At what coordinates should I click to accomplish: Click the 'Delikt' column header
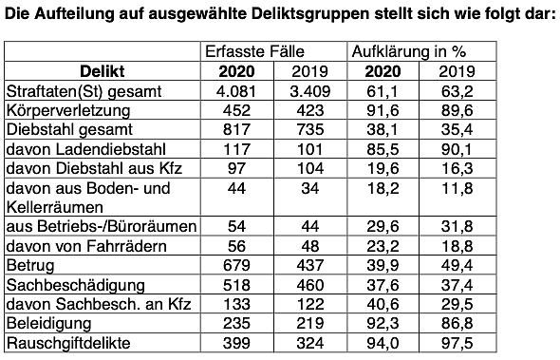click(x=103, y=71)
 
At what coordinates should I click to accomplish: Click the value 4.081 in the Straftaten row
click(x=238, y=91)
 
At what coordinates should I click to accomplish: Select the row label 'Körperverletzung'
click(x=67, y=110)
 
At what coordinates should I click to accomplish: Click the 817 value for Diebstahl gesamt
click(x=238, y=129)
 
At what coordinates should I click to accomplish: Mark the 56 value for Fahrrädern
click(x=238, y=245)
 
